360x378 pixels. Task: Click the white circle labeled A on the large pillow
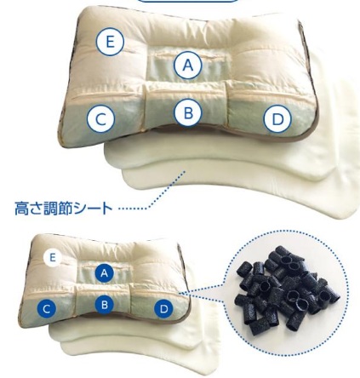[188, 66]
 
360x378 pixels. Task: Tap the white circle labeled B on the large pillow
[188, 112]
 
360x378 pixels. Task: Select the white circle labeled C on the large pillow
[100, 119]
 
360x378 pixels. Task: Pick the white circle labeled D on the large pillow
[277, 119]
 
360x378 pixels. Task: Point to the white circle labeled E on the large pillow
[110, 42]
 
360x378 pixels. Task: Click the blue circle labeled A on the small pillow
[105, 273]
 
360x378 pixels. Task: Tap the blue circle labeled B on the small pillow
[105, 305]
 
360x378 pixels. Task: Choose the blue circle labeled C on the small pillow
[47, 308]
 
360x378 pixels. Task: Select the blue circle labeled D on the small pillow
[163, 308]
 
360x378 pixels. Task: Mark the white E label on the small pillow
[52, 258]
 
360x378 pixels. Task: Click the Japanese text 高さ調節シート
[64, 209]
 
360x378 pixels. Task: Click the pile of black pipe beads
[287, 289]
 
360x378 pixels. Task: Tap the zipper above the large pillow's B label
[186, 92]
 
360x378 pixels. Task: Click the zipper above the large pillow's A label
[188, 54]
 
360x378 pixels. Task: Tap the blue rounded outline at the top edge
[188, 1]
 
